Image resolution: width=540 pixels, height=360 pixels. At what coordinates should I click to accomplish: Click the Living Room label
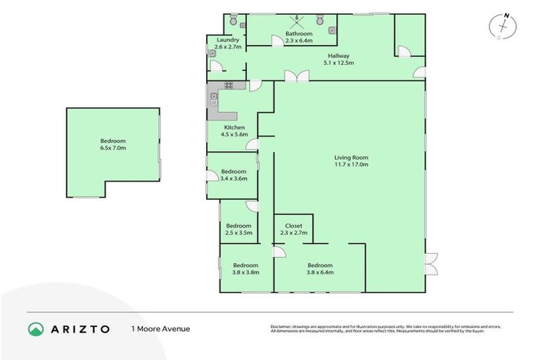click(351, 157)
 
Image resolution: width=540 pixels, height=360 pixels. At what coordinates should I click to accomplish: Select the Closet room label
click(293, 226)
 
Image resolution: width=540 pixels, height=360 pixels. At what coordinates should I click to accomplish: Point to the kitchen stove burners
click(229, 86)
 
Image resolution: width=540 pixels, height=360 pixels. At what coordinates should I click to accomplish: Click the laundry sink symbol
click(211, 53)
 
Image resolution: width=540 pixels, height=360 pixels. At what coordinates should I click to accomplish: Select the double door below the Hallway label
click(296, 77)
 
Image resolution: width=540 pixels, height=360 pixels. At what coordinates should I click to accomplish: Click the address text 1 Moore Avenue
click(160, 329)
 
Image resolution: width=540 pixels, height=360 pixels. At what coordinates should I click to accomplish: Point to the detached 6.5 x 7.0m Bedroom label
click(112, 145)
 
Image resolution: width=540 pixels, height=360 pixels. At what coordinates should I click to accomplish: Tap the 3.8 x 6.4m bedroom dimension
click(320, 273)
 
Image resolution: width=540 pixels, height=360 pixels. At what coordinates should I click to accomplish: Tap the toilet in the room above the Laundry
click(233, 19)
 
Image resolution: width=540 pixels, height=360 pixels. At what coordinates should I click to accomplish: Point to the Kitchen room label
click(234, 131)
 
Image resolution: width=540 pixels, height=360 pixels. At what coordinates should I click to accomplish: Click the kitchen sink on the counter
click(213, 98)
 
